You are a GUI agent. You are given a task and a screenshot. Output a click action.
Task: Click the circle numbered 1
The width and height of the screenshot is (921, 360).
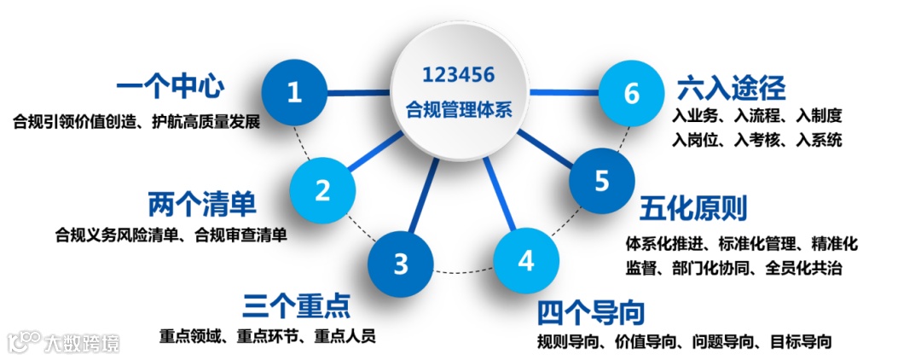[x=294, y=92]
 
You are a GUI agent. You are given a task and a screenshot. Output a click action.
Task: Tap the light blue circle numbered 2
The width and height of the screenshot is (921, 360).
[x=322, y=189]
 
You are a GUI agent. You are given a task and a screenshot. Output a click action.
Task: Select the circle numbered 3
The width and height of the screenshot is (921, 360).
[x=401, y=264]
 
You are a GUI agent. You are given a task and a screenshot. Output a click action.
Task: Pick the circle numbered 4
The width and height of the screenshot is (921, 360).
[x=526, y=260]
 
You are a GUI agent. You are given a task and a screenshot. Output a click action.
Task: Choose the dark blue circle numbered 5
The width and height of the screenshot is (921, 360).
[x=602, y=181]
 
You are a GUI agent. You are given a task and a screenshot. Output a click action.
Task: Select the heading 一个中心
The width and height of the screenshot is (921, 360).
[x=170, y=87]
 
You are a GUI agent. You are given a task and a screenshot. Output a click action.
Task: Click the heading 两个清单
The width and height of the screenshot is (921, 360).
[x=202, y=205]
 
